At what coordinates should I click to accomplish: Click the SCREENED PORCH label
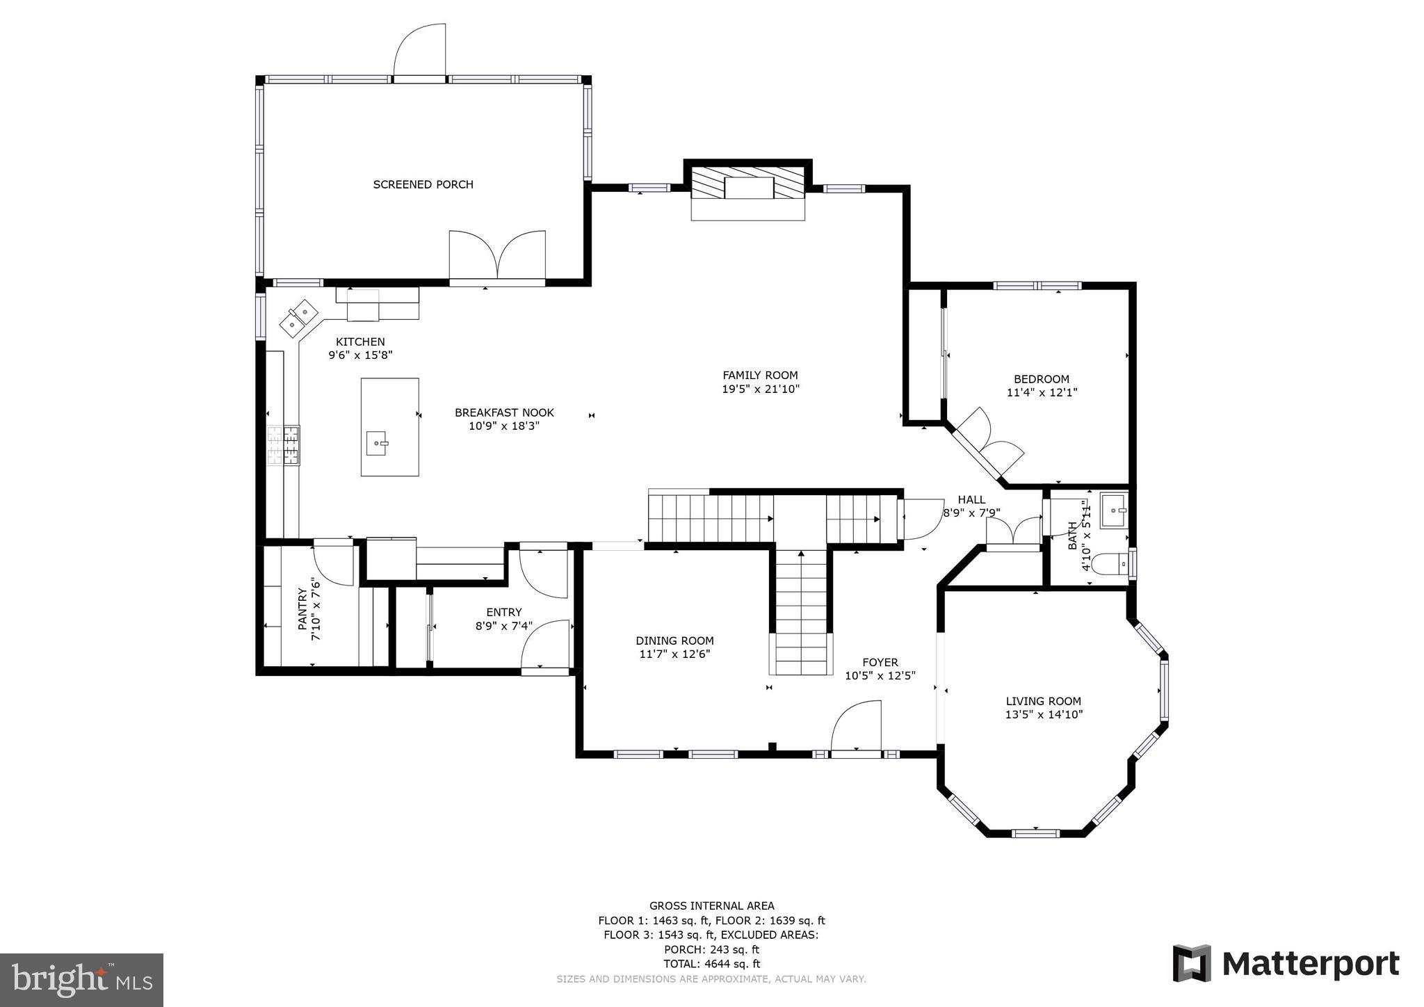click(x=423, y=184)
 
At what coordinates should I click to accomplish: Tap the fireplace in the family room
click(x=748, y=188)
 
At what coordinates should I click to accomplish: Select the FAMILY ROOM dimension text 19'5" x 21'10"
click(x=761, y=389)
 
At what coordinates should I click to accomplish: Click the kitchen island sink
click(x=377, y=443)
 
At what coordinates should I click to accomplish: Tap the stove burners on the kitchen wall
click(x=284, y=445)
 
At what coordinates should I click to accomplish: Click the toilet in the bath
click(x=1110, y=564)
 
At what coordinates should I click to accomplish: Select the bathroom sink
click(x=1113, y=511)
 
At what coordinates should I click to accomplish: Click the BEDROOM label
click(x=1041, y=379)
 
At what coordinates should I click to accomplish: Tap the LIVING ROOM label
click(x=1043, y=701)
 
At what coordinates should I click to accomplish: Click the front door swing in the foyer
click(x=857, y=726)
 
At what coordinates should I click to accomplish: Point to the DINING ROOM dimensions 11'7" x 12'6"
click(x=674, y=654)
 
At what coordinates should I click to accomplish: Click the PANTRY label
click(x=302, y=609)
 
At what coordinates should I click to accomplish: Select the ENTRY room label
click(x=503, y=612)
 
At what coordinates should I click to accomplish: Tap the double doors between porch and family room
click(x=496, y=257)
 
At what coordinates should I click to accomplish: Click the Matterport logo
click(x=1286, y=964)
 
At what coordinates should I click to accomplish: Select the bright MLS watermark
click(x=81, y=980)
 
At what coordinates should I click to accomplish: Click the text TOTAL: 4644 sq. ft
click(x=712, y=964)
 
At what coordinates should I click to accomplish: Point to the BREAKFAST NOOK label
click(x=504, y=412)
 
